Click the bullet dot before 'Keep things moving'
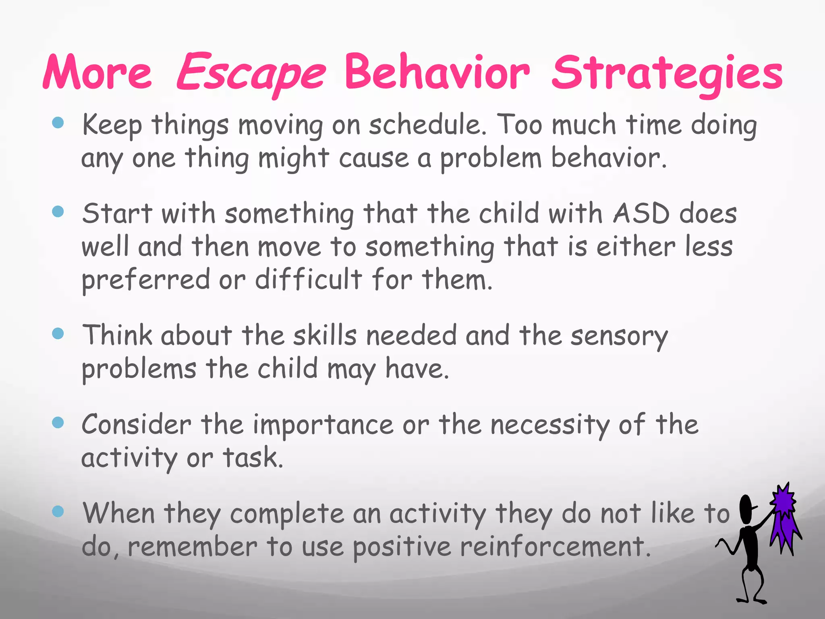[58, 123]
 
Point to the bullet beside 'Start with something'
[58, 211]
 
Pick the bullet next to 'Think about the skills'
[58, 333]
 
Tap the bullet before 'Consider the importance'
[58, 422]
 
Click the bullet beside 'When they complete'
[58, 511]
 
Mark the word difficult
[309, 279]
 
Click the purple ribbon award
[784, 518]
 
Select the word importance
[323, 426]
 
